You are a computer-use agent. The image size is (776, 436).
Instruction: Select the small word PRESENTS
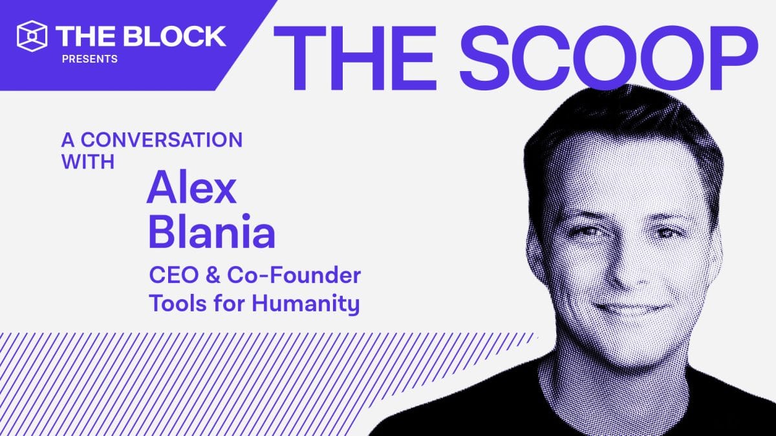point(90,59)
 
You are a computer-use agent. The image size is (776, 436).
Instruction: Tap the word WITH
point(89,161)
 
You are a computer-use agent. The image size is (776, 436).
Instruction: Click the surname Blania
point(211,233)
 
